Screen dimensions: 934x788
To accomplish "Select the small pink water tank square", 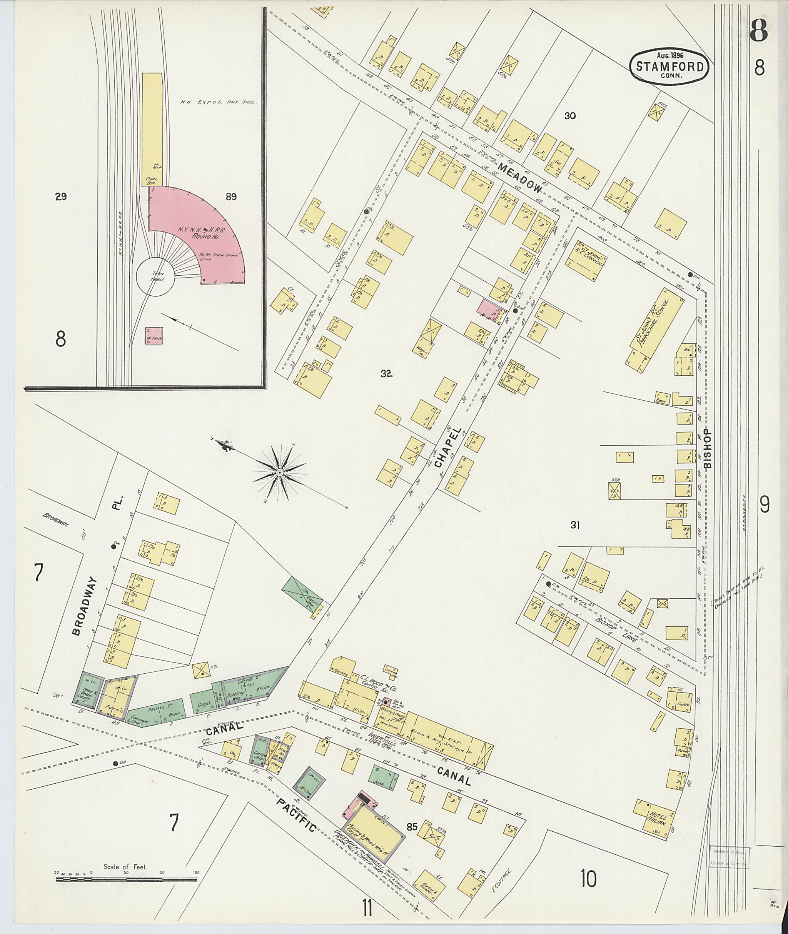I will coord(154,336).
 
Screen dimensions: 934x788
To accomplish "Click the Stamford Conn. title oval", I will coord(669,66).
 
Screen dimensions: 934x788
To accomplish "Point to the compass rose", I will coord(280,472).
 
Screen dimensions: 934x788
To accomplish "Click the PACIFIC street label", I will coord(296,815).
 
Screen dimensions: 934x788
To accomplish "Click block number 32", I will coord(386,374).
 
